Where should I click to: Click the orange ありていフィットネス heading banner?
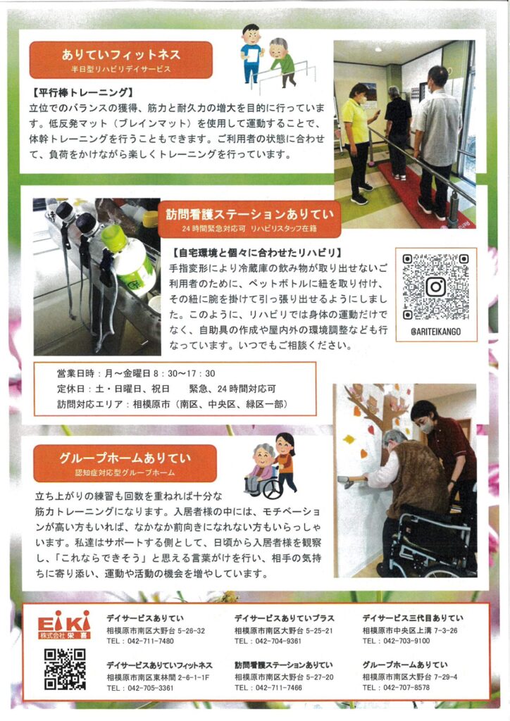121,60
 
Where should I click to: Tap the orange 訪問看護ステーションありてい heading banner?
249,219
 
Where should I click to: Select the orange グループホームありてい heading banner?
125,463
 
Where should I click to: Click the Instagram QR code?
435,287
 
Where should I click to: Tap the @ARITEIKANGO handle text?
435,331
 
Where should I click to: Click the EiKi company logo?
64,625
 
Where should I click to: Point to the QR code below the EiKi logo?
65,669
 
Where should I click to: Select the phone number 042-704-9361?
278,641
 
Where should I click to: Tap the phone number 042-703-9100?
406,641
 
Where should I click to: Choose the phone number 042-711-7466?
279,687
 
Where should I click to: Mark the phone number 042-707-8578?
406,687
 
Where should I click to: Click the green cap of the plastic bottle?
113,238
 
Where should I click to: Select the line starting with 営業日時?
136,373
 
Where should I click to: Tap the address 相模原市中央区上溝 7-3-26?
410,630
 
